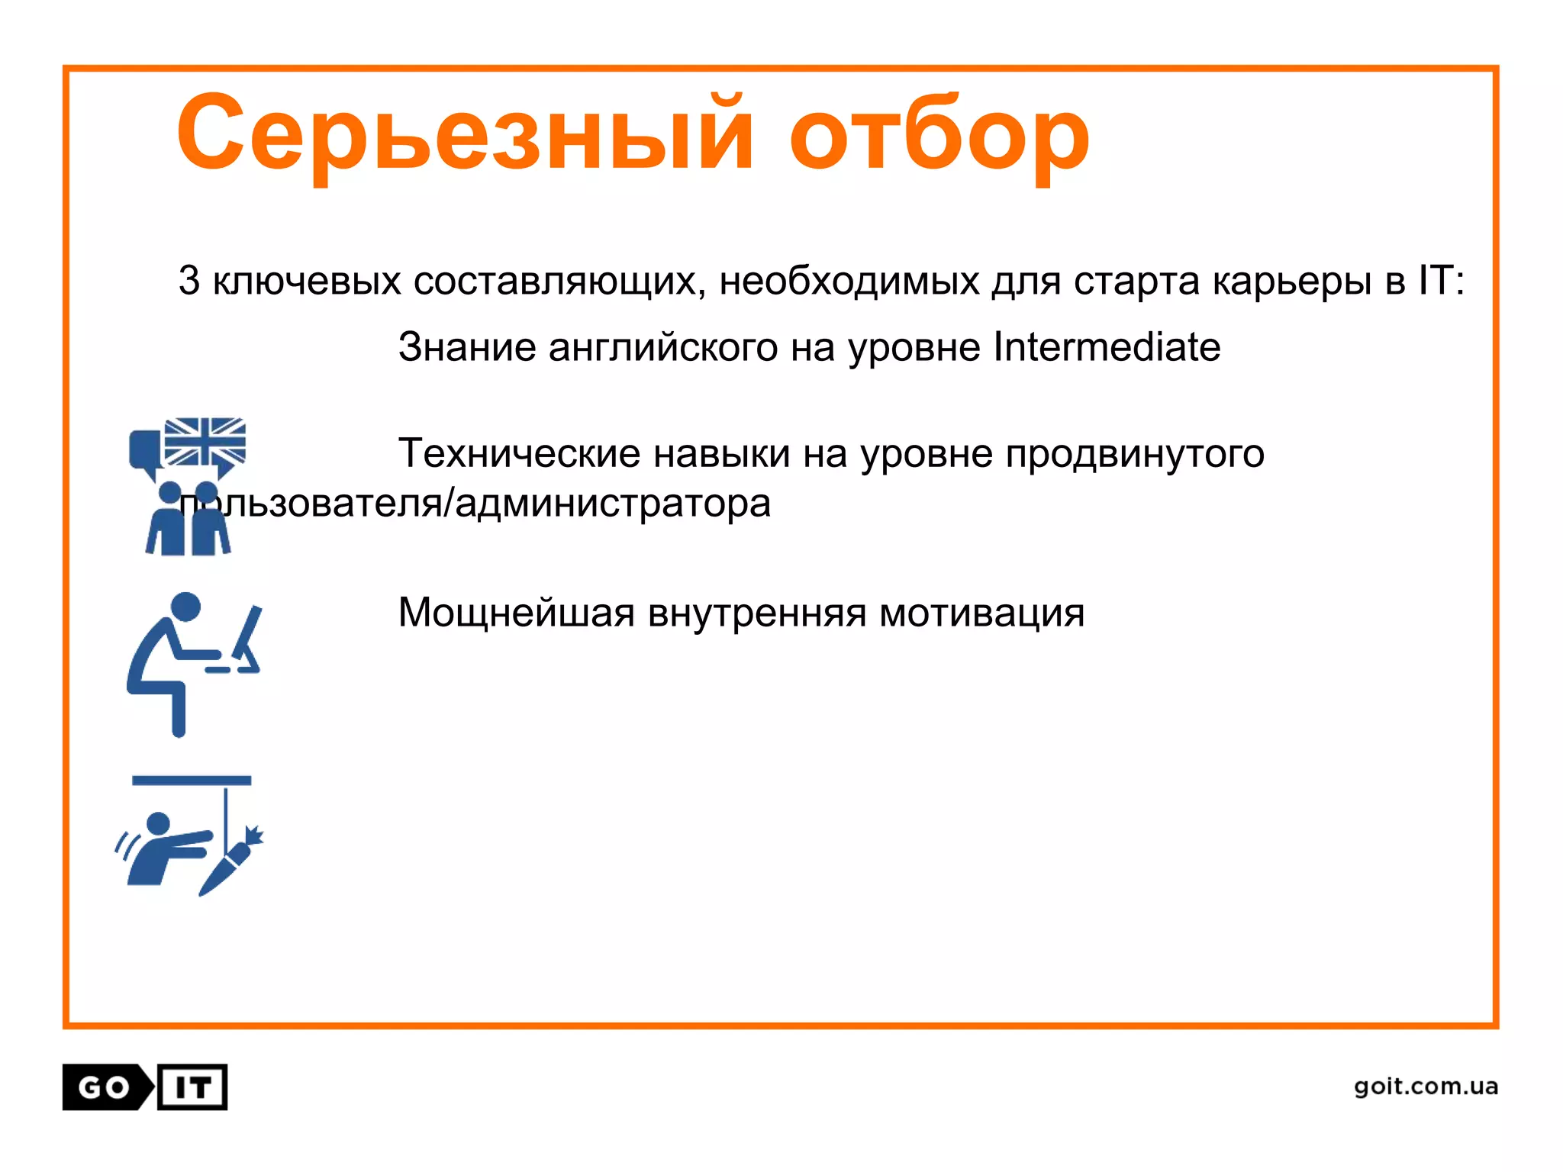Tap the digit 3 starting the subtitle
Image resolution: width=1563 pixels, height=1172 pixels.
click(x=189, y=280)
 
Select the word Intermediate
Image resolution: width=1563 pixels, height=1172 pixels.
click(x=1107, y=347)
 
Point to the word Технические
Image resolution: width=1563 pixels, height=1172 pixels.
click(x=519, y=454)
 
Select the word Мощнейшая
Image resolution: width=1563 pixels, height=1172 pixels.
click(x=517, y=613)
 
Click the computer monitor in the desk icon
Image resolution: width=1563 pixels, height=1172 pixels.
click(x=247, y=633)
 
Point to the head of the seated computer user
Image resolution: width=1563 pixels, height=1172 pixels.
click(x=185, y=607)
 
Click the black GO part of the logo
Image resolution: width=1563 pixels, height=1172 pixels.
click(x=105, y=1087)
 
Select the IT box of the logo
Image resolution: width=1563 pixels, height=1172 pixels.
click(x=193, y=1087)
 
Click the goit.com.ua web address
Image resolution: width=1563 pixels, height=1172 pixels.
click(x=1426, y=1086)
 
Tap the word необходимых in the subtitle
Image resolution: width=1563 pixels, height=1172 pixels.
click(x=849, y=280)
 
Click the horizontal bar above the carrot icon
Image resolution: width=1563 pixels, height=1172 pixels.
click(x=192, y=781)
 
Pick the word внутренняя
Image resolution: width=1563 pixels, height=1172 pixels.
click(x=756, y=613)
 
